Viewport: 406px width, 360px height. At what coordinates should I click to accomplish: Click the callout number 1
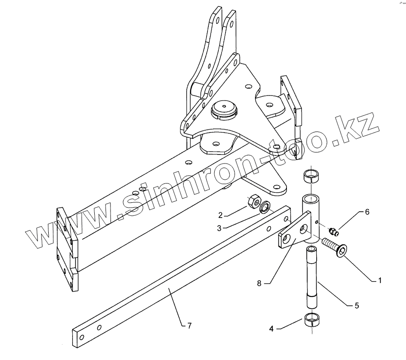[380, 280]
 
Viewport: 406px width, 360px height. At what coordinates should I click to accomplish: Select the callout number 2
[220, 215]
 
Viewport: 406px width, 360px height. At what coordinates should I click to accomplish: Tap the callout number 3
[219, 228]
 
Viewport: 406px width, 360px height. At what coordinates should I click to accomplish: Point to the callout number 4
[272, 329]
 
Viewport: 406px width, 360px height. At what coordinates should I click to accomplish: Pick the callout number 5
[357, 305]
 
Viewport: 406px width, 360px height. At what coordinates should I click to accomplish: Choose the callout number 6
[367, 212]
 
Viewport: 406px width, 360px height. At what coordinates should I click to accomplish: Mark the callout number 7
[189, 326]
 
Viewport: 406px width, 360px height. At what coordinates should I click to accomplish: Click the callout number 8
[259, 283]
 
